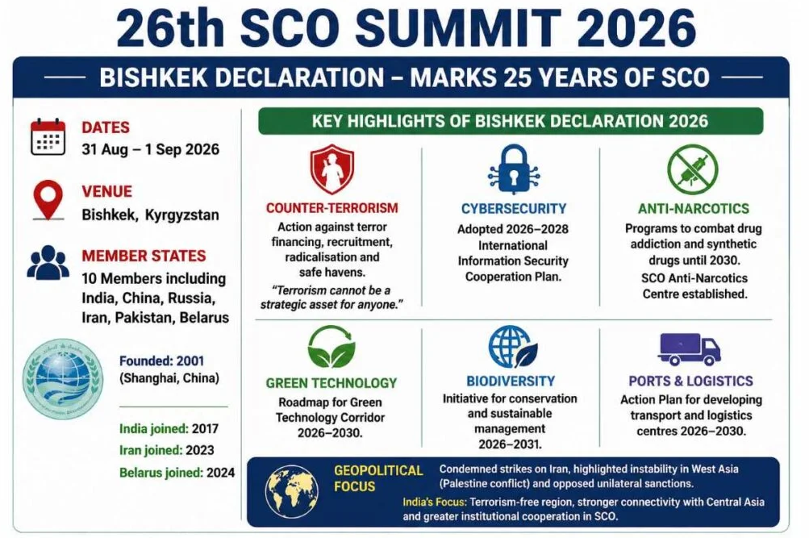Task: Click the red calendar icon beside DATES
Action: pyautogui.click(x=48, y=137)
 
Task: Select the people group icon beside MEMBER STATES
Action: pyautogui.click(x=48, y=263)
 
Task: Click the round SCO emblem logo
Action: pyautogui.click(x=63, y=379)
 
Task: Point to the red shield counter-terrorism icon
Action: pyautogui.click(x=332, y=169)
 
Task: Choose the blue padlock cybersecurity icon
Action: pyautogui.click(x=513, y=169)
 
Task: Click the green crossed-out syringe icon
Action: pyautogui.click(x=692, y=169)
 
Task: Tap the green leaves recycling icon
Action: pyautogui.click(x=332, y=347)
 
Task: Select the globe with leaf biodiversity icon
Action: pyautogui.click(x=513, y=347)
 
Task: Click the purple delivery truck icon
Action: pyautogui.click(x=689, y=349)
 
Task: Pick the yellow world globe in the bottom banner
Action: pyautogui.click(x=291, y=491)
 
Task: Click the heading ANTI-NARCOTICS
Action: pyautogui.click(x=694, y=208)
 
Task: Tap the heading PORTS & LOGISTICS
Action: pyautogui.click(x=691, y=382)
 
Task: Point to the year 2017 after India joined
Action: pyautogui.click(x=206, y=428)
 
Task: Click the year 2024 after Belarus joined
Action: pyautogui.click(x=221, y=473)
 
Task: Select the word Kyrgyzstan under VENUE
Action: pyautogui.click(x=182, y=215)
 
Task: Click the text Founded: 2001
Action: pyautogui.click(x=162, y=361)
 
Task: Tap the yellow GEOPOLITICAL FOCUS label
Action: pyautogui.click(x=378, y=478)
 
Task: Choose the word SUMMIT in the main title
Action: pyautogui.click(x=458, y=28)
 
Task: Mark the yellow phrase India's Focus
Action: pyautogui.click(x=435, y=502)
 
